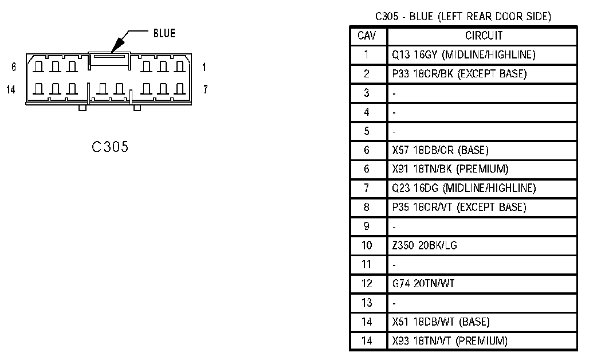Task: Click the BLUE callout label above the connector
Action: (164, 34)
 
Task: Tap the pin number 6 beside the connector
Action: (14, 67)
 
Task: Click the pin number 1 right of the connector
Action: (205, 67)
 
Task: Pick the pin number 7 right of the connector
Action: (205, 89)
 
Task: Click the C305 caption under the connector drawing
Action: (110, 147)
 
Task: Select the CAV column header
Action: (367, 36)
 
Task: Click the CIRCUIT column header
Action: (484, 36)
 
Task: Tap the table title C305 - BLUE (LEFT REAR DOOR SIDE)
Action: (463, 17)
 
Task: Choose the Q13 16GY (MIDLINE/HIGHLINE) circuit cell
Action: (463, 55)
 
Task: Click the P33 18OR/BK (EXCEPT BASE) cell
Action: (459, 74)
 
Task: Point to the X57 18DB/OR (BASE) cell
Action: (440, 150)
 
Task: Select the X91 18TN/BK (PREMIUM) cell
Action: (450, 169)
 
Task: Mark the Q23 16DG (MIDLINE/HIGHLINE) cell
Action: (463, 188)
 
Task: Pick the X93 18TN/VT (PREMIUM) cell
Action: (450, 341)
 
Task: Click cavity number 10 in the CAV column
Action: (367, 245)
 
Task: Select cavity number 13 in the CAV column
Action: (367, 303)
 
